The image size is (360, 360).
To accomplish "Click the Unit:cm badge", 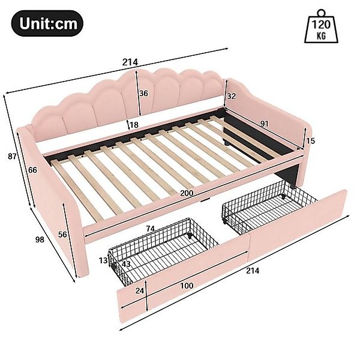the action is pyautogui.click(x=47, y=23).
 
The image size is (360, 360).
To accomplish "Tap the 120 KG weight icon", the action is pyautogui.click(x=321, y=26).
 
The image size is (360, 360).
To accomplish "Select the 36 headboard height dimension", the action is pyautogui.click(x=144, y=94).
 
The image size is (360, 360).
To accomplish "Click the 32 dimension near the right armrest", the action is pyautogui.click(x=232, y=96).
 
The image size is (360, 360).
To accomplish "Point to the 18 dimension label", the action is pyautogui.click(x=134, y=125).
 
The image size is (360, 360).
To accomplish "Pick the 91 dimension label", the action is pyautogui.click(x=264, y=124).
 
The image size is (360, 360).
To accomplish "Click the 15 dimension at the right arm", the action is pyautogui.click(x=310, y=141).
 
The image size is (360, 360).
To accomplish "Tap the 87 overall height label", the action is pyautogui.click(x=12, y=157).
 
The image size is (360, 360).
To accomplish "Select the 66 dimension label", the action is pyautogui.click(x=32, y=170).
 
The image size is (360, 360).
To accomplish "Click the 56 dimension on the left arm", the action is pyautogui.click(x=62, y=235).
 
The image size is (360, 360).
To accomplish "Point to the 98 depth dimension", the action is pyautogui.click(x=40, y=239).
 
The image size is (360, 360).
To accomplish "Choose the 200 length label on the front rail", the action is pyautogui.click(x=187, y=193).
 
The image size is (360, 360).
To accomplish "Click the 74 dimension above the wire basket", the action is pyautogui.click(x=150, y=229).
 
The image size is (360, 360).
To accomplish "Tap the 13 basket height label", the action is pyautogui.click(x=103, y=260).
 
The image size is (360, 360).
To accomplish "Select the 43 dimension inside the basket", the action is pyautogui.click(x=126, y=264).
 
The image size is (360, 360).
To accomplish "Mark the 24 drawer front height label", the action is pyautogui.click(x=140, y=290).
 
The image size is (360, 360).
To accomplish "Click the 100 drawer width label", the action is pyautogui.click(x=187, y=286).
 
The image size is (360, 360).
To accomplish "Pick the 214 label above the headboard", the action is pyautogui.click(x=130, y=62).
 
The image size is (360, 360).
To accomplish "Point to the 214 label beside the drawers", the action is pyautogui.click(x=253, y=271).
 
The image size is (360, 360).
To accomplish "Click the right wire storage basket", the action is pyautogui.click(x=269, y=206).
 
